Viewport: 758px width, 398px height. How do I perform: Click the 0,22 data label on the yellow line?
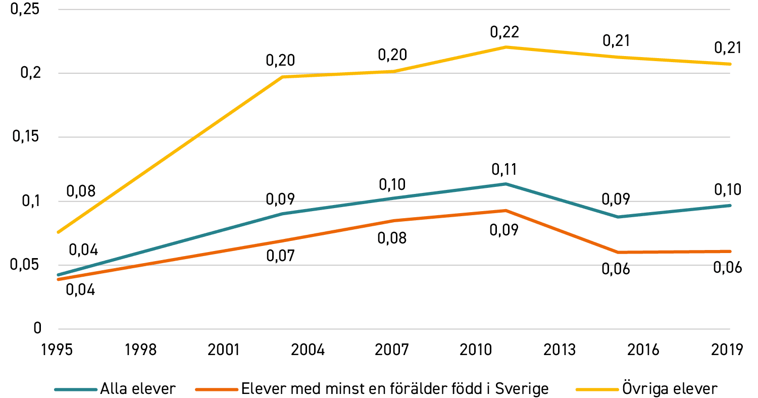[x=504, y=32]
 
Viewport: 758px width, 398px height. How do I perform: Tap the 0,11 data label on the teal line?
[x=504, y=170]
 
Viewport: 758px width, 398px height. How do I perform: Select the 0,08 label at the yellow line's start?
[x=81, y=191]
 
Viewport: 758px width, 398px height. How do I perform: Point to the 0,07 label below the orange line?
[x=281, y=256]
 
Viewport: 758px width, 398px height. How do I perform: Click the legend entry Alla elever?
[x=115, y=389]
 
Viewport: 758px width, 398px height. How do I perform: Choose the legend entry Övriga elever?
[x=646, y=388]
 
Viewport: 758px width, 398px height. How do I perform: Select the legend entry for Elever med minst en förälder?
[x=372, y=388]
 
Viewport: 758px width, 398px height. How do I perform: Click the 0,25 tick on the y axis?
[x=25, y=10]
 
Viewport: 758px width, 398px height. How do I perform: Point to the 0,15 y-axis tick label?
[x=26, y=137]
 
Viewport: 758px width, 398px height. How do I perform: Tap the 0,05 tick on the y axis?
[x=24, y=265]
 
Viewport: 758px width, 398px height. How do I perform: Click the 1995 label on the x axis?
[x=57, y=350]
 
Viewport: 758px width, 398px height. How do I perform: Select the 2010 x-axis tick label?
[x=475, y=350]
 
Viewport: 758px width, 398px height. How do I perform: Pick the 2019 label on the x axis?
[x=727, y=350]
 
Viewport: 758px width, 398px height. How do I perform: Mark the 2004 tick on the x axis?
[x=308, y=350]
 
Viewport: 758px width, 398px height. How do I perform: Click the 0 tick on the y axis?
[x=37, y=328]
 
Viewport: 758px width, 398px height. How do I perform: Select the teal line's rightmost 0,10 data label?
[x=728, y=190]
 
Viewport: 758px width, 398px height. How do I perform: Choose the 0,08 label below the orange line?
[x=392, y=238]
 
